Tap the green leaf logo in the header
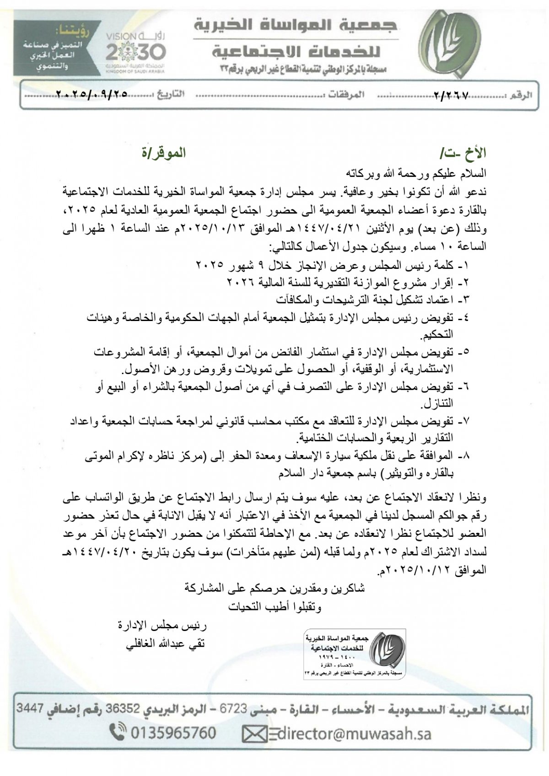point(451,45)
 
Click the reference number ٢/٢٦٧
point(450,95)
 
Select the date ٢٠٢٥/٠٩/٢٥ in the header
point(91,95)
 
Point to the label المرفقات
point(347,95)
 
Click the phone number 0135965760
point(173,733)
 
